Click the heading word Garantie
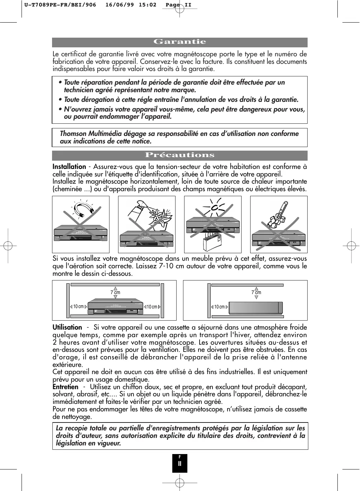click(x=179, y=42)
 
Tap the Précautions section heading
click(x=179, y=155)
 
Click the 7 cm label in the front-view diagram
click(x=115, y=293)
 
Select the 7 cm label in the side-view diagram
click(x=256, y=293)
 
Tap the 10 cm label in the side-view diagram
click(x=219, y=307)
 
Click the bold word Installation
click(x=69, y=167)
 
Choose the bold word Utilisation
click(x=67, y=327)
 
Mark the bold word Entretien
click(x=65, y=387)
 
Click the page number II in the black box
click(x=180, y=463)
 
